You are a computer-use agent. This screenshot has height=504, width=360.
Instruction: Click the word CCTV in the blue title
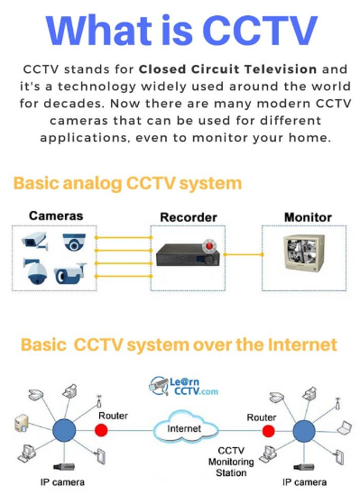[260, 31]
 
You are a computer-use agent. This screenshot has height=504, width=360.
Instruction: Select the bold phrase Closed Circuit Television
[227, 69]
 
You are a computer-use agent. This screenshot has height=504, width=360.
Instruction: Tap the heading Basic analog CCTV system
[127, 184]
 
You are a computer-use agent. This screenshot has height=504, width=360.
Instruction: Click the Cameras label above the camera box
[56, 215]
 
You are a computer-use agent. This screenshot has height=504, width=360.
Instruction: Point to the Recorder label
[189, 217]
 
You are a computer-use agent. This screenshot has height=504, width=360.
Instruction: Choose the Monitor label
[308, 217]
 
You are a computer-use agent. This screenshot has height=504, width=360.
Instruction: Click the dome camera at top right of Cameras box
[74, 242]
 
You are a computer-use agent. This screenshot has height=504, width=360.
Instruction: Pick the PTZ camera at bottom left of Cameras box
[36, 271]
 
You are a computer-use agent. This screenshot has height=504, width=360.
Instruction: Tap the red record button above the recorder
[209, 246]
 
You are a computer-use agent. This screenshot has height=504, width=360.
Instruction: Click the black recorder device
[188, 255]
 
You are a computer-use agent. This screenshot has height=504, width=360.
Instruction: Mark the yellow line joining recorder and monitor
[244, 254]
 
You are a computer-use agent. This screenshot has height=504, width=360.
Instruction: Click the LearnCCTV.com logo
[183, 386]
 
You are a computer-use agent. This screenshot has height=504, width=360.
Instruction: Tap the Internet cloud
[185, 427]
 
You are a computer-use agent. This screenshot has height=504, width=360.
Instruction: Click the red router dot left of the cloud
[101, 430]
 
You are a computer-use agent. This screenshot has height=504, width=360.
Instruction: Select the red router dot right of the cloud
[268, 431]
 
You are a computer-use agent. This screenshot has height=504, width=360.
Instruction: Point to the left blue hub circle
[64, 430]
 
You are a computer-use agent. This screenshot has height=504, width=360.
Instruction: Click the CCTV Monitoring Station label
[231, 462]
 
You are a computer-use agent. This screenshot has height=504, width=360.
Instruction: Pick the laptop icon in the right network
[345, 427]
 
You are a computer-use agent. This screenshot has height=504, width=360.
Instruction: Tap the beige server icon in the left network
[22, 423]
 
